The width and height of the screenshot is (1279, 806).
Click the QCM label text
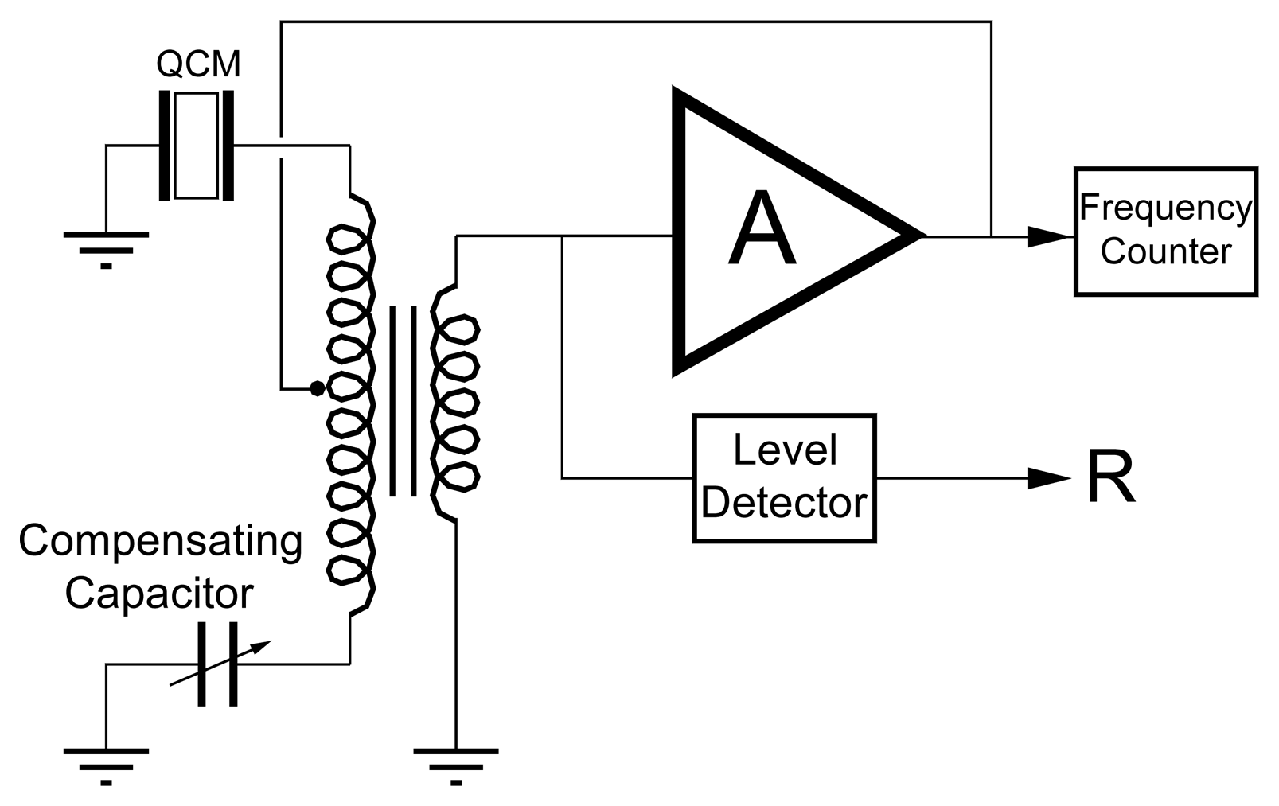pos(198,64)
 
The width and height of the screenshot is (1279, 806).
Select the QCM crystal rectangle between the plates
pos(196,146)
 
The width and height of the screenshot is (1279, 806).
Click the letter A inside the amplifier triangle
pos(761,230)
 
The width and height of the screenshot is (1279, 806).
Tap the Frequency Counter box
pos(1165,231)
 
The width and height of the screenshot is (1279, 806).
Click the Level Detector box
pos(784,477)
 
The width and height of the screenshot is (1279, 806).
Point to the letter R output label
pos(1110,478)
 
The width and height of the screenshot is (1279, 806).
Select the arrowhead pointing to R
pos(1051,478)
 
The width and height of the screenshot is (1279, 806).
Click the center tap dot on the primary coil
pos(317,388)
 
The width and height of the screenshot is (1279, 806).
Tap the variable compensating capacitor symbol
pos(217,664)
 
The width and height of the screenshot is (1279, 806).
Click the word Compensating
pos(161,542)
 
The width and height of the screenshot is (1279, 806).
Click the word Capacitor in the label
pos(159,593)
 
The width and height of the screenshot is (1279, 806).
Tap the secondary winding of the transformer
pos(455,402)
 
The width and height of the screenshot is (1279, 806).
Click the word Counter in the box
pos(1165,252)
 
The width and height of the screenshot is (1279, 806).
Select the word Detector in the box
pos(784,503)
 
